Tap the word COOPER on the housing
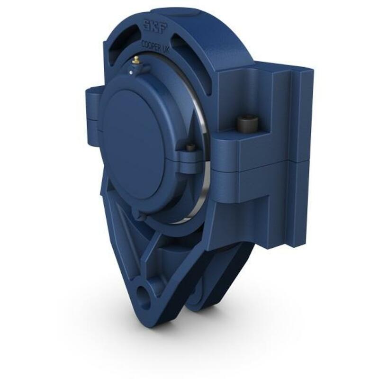(x=150, y=45)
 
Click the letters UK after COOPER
(x=165, y=50)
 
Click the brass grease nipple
(x=136, y=60)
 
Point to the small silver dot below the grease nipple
(x=131, y=72)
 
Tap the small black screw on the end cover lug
(x=191, y=147)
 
